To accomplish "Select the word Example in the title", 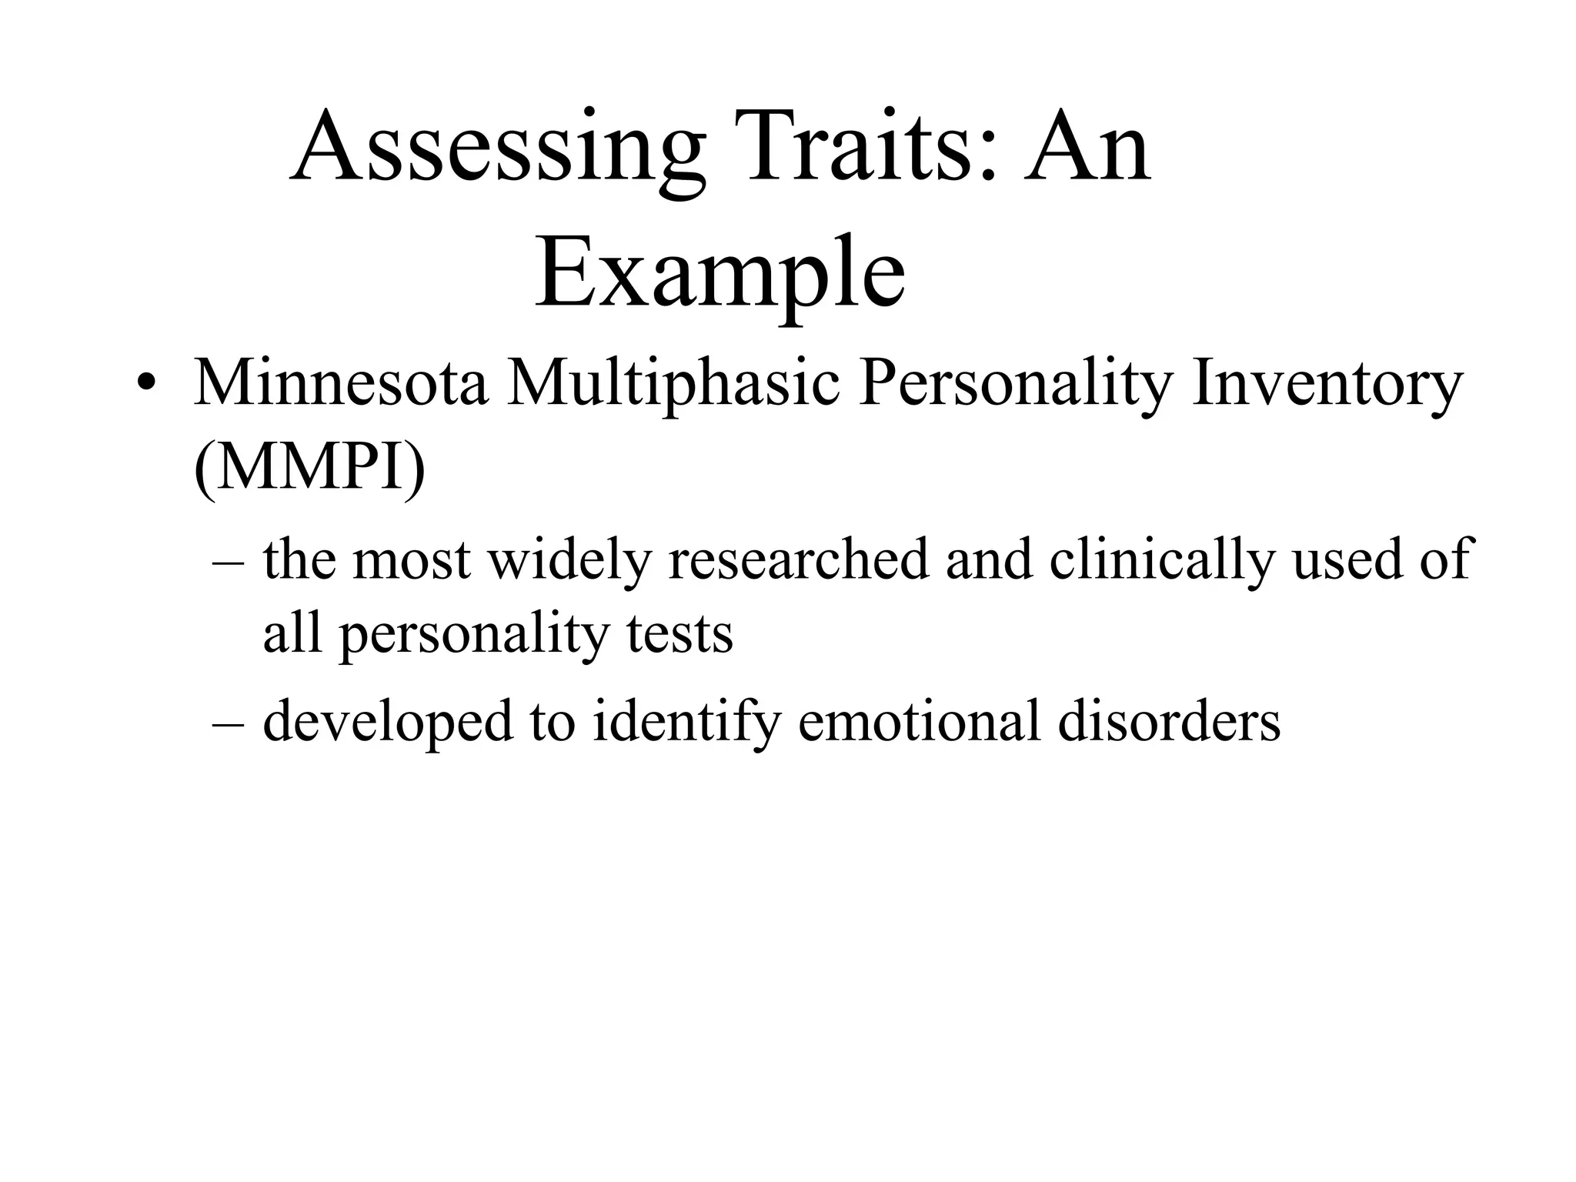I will point(720,274).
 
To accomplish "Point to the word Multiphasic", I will point(673,385).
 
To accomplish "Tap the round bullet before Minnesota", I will point(145,384).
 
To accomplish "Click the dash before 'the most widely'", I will point(228,562).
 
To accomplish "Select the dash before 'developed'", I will point(228,723).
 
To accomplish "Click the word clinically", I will point(1162,559).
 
